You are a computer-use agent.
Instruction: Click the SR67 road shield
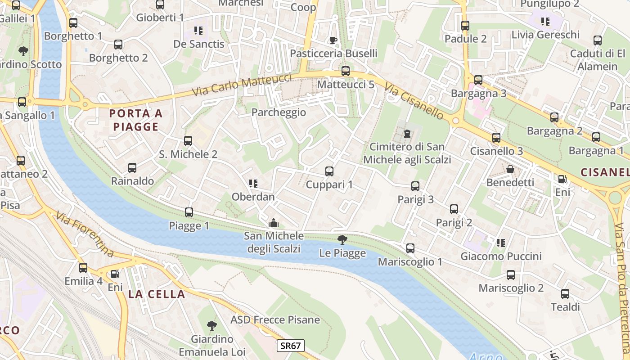point(291,346)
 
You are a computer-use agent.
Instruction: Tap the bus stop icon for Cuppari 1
point(329,171)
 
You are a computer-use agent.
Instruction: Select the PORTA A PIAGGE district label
point(135,120)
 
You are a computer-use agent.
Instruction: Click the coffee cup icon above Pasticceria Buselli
point(333,40)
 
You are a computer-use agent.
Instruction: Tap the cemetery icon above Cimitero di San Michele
point(407,134)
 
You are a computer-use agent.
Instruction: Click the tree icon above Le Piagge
point(342,240)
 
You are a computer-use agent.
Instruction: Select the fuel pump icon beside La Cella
point(115,274)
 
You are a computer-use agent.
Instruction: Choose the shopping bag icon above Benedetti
point(510,169)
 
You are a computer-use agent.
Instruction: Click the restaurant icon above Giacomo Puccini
point(500,243)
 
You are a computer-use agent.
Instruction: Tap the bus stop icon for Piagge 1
point(189,212)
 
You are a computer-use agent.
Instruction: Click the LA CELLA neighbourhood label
point(157,294)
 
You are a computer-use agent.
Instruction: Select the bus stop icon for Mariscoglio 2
point(511,275)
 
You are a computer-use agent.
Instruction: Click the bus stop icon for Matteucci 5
point(346,71)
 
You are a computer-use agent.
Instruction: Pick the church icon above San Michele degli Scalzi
point(273,223)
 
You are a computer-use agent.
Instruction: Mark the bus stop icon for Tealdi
point(565,294)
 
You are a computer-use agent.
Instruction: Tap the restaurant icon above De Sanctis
point(198,31)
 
